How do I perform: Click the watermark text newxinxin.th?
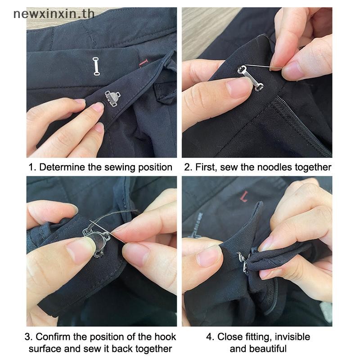pos(54,14)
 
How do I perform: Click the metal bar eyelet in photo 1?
pos(96,66)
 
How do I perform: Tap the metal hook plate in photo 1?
pos(112,99)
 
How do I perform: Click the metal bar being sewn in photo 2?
pos(251,78)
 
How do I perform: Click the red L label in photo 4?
pos(244,196)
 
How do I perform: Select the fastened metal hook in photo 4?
pos(243,262)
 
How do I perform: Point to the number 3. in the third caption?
pos(29,337)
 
